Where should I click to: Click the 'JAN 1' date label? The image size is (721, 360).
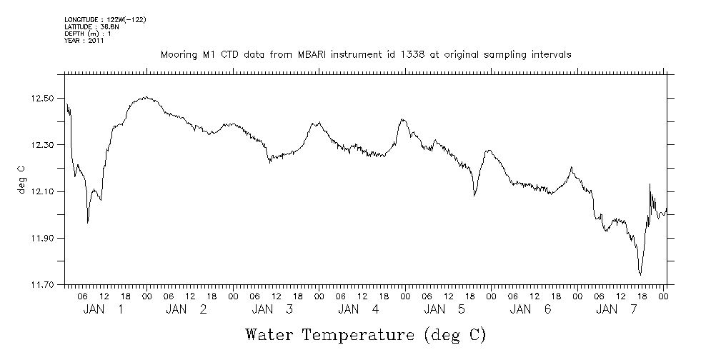pos(104,309)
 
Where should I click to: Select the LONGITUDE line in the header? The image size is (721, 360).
pos(105,19)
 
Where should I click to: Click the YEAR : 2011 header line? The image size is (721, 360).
pos(84,41)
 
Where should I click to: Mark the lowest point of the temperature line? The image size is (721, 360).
pos(640,274)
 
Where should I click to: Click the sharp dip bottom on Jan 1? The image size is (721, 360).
pos(88,223)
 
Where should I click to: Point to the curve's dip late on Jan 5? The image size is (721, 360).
pos(474,195)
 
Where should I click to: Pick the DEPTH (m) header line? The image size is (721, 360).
pos(87,34)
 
